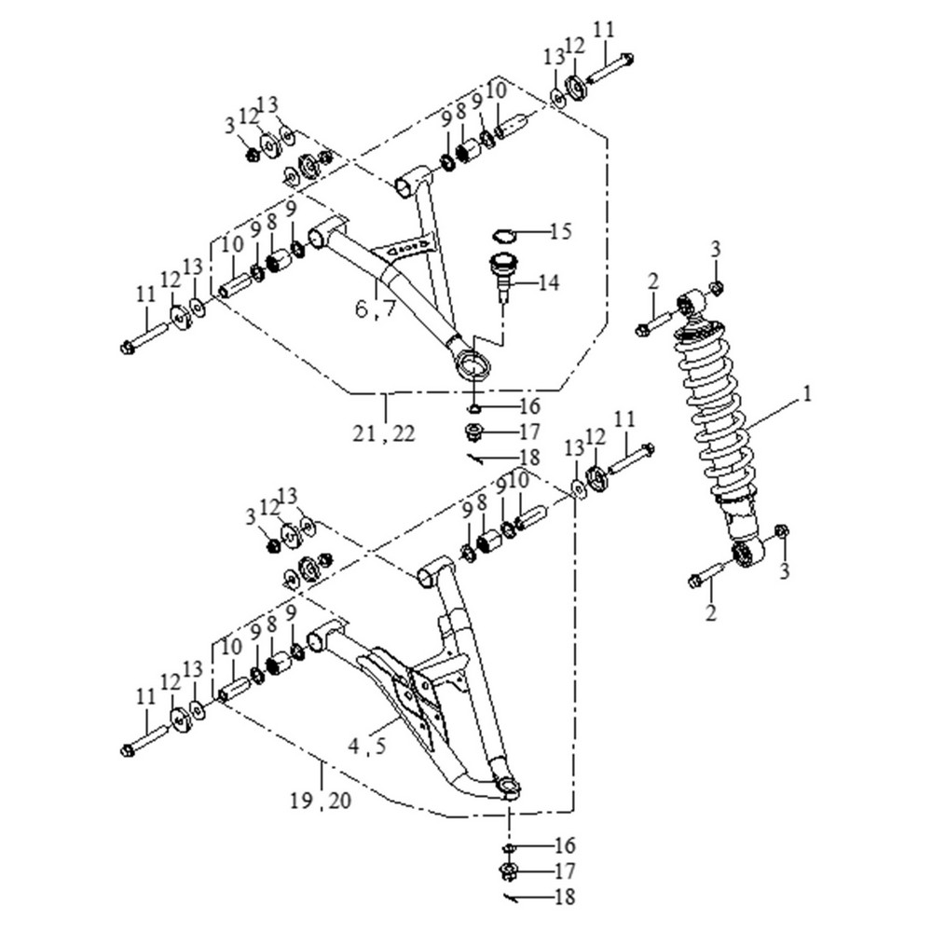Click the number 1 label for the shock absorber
point(807,395)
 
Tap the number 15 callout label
point(559,231)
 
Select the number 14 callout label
point(549,282)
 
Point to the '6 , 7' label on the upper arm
point(375,308)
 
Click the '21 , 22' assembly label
point(385,432)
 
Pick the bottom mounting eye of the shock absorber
point(747,553)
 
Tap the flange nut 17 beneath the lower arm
point(510,873)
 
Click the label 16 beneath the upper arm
point(529,407)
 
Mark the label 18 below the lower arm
point(563,898)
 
